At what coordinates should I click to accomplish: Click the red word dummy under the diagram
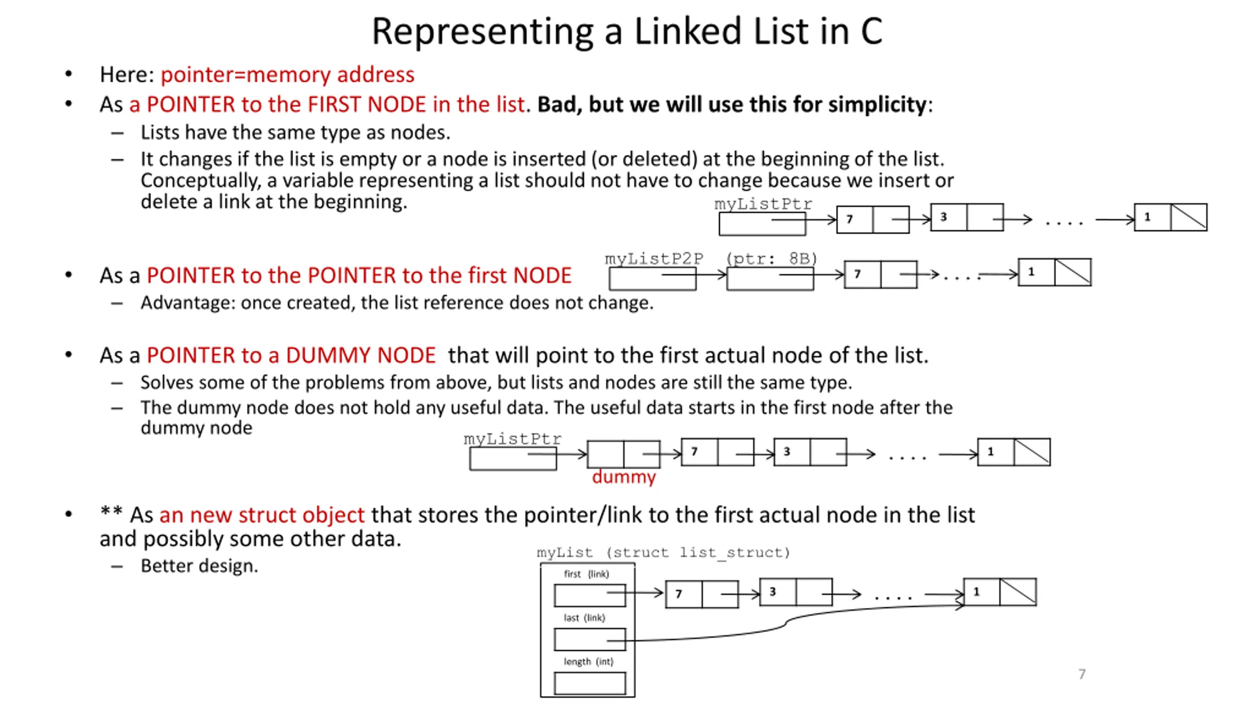pyautogui.click(x=623, y=476)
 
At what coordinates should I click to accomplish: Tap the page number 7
pyautogui.click(x=1082, y=674)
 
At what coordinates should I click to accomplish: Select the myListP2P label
pyautogui.click(x=654, y=258)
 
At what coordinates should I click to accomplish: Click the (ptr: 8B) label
pyautogui.click(x=772, y=258)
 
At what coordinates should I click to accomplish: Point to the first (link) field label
pyautogui.click(x=586, y=574)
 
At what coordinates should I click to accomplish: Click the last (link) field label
pyautogui.click(x=584, y=617)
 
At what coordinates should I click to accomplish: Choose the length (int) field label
pyautogui.click(x=588, y=661)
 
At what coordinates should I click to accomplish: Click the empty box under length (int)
pyautogui.click(x=589, y=683)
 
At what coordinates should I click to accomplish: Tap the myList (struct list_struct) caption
pyautogui.click(x=663, y=552)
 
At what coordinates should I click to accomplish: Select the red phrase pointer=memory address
pyautogui.click(x=288, y=74)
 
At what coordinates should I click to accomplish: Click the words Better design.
pyautogui.click(x=199, y=566)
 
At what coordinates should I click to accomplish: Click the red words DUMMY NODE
pyautogui.click(x=361, y=355)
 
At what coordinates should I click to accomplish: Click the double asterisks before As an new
pyautogui.click(x=111, y=512)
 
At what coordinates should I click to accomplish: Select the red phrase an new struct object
pyautogui.click(x=262, y=515)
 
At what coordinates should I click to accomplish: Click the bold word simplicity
pyautogui.click(x=877, y=104)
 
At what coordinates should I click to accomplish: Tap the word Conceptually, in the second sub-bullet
pyautogui.click(x=200, y=180)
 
